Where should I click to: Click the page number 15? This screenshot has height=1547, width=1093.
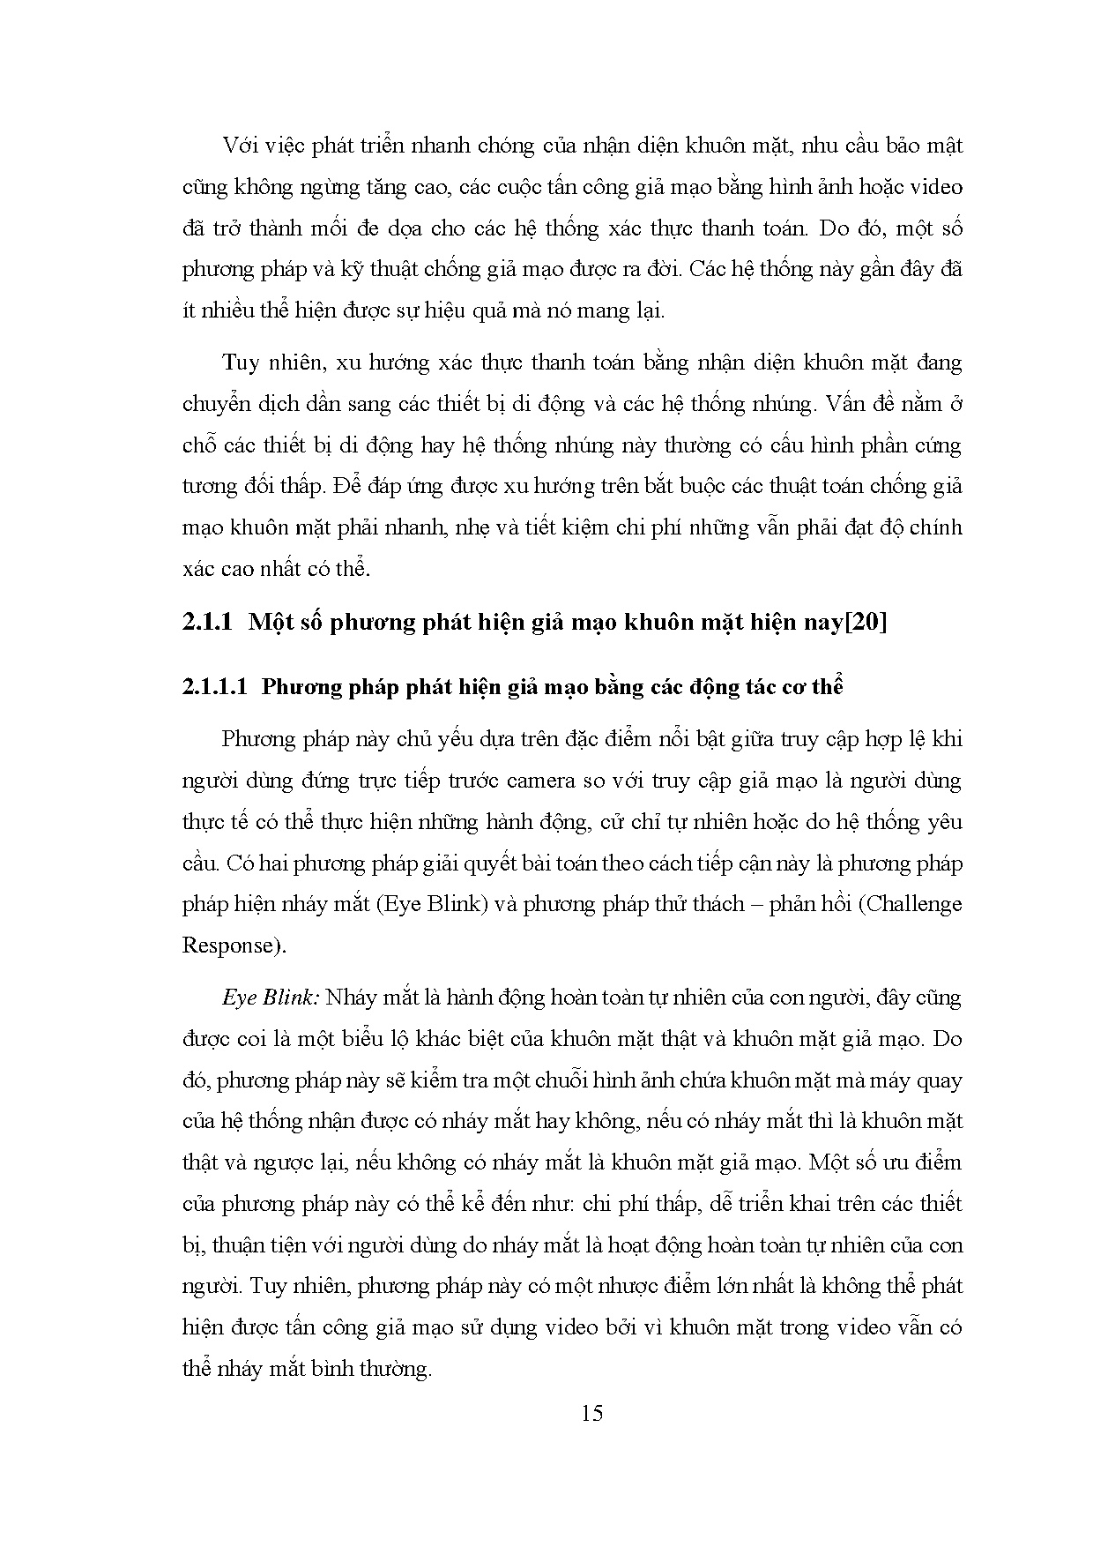(592, 1413)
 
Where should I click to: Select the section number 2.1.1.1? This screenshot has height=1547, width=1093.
(218, 687)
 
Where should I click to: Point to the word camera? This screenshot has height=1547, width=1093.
(611, 781)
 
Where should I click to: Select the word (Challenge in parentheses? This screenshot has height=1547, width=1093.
(911, 904)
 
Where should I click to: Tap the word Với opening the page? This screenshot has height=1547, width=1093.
(242, 146)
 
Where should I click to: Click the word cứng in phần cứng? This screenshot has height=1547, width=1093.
(938, 445)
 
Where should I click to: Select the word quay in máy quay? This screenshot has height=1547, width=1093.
(938, 1080)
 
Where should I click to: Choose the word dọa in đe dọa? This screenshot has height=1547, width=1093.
(400, 228)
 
